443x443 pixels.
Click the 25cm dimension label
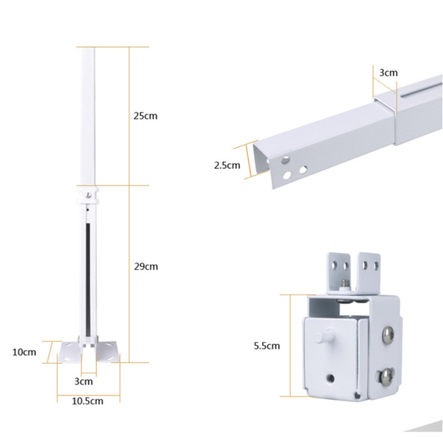point(145,116)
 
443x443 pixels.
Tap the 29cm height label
point(145,266)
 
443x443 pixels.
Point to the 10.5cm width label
point(87,401)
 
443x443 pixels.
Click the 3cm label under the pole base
point(84,381)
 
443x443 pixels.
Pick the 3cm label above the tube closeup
point(388,73)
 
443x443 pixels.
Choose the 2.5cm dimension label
point(227,166)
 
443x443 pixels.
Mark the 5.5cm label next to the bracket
point(266,346)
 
